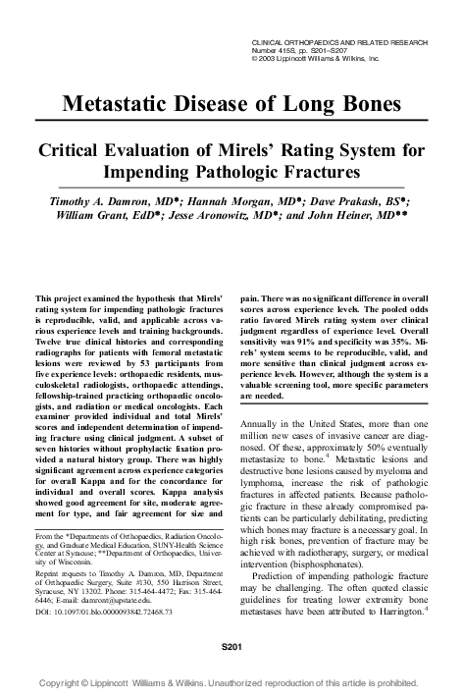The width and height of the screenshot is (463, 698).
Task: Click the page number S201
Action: tap(231, 649)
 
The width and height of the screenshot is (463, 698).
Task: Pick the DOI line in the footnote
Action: tap(103, 613)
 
